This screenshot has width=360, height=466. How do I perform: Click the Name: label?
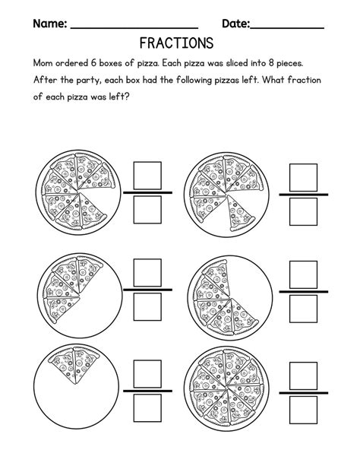coord(49,24)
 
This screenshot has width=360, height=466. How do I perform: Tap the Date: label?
coord(235,24)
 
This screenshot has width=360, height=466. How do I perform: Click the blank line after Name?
coord(133,29)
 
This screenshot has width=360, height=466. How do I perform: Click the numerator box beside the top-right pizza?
coord(304,176)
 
